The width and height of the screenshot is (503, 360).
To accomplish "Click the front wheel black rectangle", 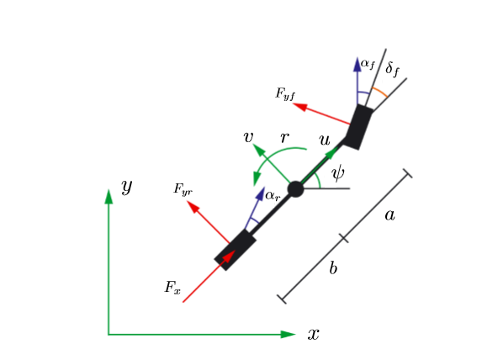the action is pos(358,127).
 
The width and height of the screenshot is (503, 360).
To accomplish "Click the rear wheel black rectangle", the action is pos(236,250).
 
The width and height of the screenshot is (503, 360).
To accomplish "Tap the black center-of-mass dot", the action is pos(295,189).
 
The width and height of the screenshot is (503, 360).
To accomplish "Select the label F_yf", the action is pos(285,94).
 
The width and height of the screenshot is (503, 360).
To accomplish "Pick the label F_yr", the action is pos(183,189).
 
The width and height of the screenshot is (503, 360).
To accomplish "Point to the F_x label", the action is pos(172,287).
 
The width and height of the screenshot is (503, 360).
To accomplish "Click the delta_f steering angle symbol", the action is pos(392,69).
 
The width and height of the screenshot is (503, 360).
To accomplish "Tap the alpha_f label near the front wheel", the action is pos(368,64).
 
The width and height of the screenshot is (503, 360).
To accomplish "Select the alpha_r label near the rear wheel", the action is pos(273,195).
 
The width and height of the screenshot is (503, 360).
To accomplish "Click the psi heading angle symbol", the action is pos(338,173).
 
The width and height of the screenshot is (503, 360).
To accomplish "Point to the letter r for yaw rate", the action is pos(284,137).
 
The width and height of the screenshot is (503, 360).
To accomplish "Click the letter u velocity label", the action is pos(325,140).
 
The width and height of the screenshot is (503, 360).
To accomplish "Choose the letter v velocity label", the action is pos(249,137).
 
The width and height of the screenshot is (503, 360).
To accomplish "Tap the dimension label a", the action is pos(389,215).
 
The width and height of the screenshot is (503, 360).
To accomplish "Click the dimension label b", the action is pos(333,267).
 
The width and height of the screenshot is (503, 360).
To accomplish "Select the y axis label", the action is pos(127,187).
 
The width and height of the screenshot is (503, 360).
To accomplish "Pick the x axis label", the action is pos(314,334).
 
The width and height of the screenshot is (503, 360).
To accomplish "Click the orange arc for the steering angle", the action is pos(379,91).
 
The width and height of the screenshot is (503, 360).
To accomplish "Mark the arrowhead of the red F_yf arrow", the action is pos(299,106).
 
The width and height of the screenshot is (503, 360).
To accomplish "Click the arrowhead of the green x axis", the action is pos(288,334).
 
